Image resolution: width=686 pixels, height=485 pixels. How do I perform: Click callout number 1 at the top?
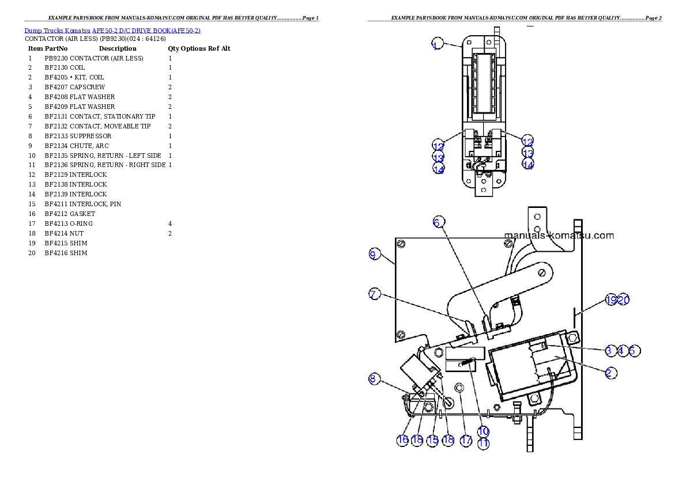click(436, 44)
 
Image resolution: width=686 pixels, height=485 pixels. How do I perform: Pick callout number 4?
click(621, 350)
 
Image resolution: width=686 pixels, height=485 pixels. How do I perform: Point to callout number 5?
click(634, 350)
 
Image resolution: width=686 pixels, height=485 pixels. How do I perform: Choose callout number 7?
click(374, 294)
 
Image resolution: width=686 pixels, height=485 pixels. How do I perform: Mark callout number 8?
click(374, 378)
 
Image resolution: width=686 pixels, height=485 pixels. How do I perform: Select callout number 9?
click(374, 254)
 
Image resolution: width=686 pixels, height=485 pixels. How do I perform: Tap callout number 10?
click(483, 431)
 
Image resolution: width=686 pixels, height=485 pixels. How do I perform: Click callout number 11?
click(483, 444)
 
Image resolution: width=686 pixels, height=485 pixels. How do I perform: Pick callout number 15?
click(433, 440)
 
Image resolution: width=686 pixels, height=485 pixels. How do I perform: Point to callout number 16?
click(402, 440)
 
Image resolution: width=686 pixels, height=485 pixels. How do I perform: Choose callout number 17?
click(466, 440)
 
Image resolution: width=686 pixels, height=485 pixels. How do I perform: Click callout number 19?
click(611, 300)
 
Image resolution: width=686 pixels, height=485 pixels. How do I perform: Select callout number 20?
click(623, 300)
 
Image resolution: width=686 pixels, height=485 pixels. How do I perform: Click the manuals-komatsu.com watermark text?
click(559, 235)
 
